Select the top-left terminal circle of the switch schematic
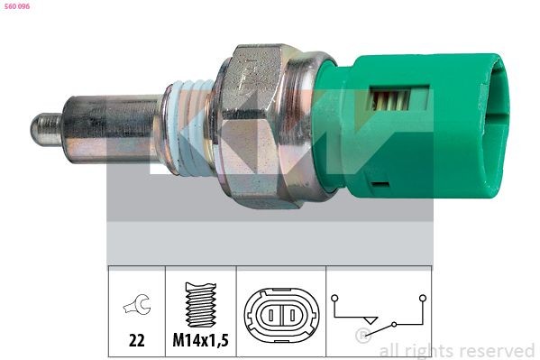(x=336, y=295)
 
